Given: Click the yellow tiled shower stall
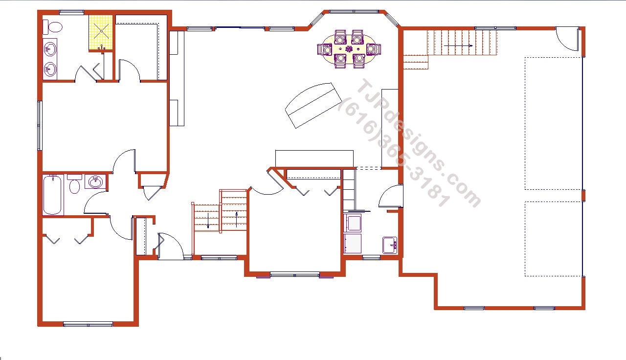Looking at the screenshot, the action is pos(101,33).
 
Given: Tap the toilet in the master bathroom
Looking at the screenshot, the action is pos(52,27).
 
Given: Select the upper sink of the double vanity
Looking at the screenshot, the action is pos(50,49).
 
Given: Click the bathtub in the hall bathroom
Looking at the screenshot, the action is pos(52,195).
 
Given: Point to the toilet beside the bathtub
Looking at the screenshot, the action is pos(74,183).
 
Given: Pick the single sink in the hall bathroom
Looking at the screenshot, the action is pos(95,182).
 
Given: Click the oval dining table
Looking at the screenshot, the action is pos(349,49).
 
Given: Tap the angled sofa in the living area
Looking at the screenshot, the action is pos(313,105).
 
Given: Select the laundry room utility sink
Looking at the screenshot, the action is pos(390,246).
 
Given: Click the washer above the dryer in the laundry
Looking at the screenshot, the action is pos(353,223).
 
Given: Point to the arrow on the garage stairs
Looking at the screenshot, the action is pos(458,45).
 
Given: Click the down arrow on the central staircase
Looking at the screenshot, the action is pos(208,221).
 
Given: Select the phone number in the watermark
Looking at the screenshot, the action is pos(394,152).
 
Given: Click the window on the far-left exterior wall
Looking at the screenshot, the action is pos(40,126).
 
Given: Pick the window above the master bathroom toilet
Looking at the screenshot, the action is pos(71,12).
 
